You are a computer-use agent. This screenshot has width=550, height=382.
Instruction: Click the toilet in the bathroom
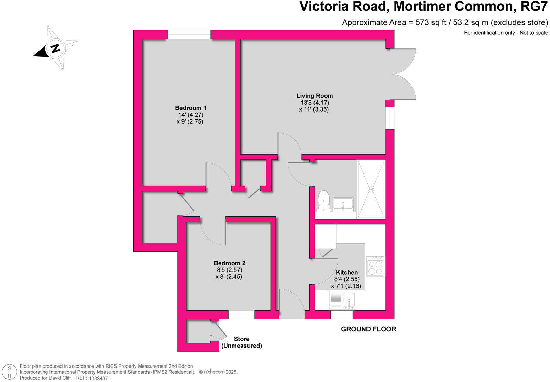coord(324,201)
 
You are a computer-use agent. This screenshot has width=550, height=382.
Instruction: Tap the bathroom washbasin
coord(343,204)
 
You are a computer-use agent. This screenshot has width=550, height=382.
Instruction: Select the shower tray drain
coord(371,189)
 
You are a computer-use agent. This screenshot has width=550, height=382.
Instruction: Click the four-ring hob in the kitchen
coord(375,267)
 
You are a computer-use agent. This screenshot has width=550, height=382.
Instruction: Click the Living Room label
coord(315,96)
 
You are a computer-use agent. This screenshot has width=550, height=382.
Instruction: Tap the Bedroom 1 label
coord(190,108)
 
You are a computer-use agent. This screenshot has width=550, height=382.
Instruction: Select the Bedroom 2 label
coord(229,263)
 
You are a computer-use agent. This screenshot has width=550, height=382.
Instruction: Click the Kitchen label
coord(346,272)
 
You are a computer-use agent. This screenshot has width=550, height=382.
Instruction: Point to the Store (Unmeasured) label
coord(241,342)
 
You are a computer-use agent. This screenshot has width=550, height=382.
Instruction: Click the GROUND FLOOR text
coord(368,329)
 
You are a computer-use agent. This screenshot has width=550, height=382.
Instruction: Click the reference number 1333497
coord(98,378)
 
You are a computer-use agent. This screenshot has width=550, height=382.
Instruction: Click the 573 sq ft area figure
coord(430,23)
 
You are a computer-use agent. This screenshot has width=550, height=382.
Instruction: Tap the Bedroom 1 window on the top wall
coord(189,34)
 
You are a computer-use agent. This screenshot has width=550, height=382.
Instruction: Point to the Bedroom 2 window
coord(241,315)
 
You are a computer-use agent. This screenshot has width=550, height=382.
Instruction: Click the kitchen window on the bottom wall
coord(341,315)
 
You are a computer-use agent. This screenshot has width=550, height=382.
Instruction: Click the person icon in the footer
coord(10,372)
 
